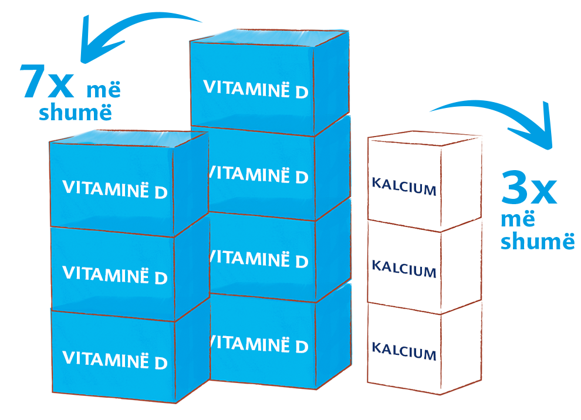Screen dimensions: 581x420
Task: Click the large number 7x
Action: pyautogui.click(x=47, y=82)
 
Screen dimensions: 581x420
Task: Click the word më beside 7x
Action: pyautogui.click(x=104, y=90)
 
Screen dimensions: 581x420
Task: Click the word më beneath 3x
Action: pyautogui.click(x=518, y=219)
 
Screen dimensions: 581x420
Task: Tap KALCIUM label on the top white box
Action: pyautogui.click(x=404, y=187)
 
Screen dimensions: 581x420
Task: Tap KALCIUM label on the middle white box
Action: pyautogui.click(x=404, y=269)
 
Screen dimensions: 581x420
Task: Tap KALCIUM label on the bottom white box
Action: pyautogui.click(x=404, y=351)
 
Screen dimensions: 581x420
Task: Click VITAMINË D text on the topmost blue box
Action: pyautogui.click(x=256, y=89)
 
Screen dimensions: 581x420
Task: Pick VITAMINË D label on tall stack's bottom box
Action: pyautogui.click(x=259, y=344)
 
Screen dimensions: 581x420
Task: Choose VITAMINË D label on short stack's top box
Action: pyautogui.click(x=115, y=189)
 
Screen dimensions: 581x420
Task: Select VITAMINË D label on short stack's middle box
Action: pyautogui.click(x=115, y=275)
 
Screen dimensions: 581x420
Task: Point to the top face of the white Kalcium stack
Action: pyautogui.click(x=425, y=138)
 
